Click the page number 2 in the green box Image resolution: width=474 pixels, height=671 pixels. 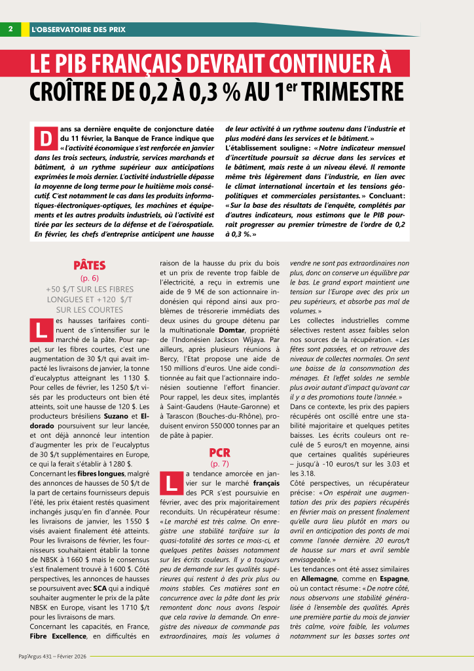[x=11, y=29]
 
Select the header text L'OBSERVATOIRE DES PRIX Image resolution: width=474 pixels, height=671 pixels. [x=78, y=29]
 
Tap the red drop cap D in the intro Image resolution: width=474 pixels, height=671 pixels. [x=45, y=140]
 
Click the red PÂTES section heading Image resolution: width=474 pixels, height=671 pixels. [x=90, y=265]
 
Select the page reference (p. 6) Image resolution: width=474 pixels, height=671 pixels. [x=90, y=278]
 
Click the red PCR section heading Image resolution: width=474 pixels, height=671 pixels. [x=219, y=452]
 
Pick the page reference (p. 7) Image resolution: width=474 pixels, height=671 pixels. [x=219, y=464]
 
